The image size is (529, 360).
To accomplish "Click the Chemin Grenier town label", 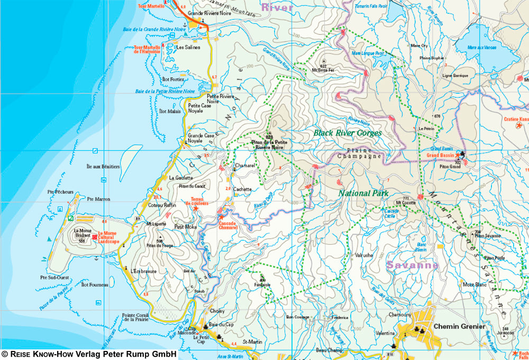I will (459, 327).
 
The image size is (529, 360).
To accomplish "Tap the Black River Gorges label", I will (347, 133).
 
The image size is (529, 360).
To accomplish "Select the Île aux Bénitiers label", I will (103, 167).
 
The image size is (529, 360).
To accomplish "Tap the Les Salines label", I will (188, 47).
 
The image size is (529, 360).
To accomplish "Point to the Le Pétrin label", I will (426, 129).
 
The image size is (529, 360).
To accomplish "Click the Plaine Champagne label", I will (360, 154).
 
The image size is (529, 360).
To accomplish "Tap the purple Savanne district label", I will (413, 265).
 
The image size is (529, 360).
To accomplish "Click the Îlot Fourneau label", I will (95, 285).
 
